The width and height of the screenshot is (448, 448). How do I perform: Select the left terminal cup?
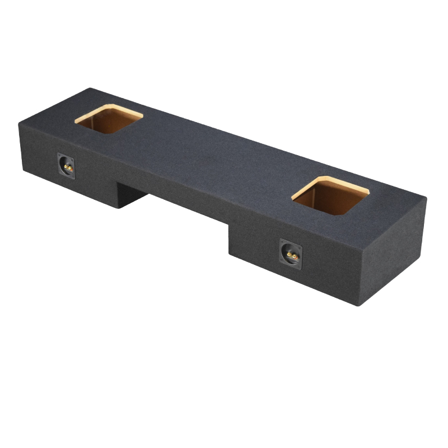[x=66, y=166]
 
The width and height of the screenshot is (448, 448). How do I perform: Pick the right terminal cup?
[x=291, y=254]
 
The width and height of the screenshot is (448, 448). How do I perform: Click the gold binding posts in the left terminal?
[x=67, y=167]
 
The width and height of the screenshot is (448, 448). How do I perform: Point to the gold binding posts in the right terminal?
[x=291, y=255]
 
